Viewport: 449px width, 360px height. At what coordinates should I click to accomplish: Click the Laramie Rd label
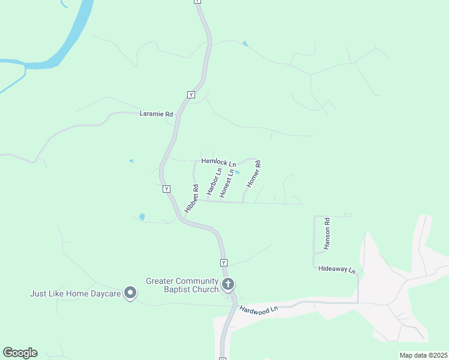coord(156,114)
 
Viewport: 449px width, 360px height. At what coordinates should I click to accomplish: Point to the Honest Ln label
coord(226,184)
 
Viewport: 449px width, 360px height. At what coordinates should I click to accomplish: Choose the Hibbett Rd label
coord(191,199)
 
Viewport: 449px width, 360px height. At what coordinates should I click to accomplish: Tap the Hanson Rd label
coord(327,233)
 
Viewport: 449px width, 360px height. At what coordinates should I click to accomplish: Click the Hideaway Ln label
coord(337,270)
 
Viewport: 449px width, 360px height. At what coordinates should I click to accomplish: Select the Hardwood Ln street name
coord(259,309)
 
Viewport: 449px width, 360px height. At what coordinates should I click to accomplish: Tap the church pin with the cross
coord(228,284)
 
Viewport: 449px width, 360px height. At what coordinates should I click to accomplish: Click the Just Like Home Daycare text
coord(76,293)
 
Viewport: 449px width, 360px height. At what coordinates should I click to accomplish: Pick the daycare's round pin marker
coord(130,293)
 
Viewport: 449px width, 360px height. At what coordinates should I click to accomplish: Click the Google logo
coord(20,353)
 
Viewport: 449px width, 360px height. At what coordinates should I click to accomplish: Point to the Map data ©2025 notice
coord(423,355)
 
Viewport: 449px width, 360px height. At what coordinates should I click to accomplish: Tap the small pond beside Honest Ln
coord(237,173)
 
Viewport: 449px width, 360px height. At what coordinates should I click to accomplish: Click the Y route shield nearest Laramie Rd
coord(191,95)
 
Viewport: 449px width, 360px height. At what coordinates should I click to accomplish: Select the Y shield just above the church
coord(223,263)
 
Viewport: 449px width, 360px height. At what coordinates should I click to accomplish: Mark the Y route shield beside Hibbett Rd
coord(167,189)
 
